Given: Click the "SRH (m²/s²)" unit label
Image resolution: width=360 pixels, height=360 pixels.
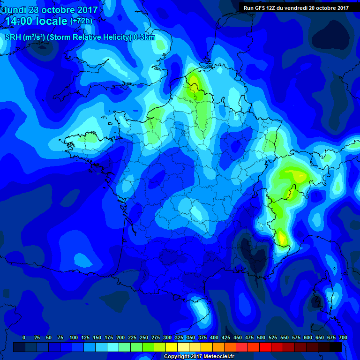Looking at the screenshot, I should tap(25, 37).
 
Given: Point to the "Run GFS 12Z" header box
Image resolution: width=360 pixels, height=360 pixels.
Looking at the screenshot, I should tap(296, 7).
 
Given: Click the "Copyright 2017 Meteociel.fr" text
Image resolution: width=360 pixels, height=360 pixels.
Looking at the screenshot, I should tap(199, 356).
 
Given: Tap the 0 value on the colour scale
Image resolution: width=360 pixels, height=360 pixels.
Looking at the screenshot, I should tap(24, 337).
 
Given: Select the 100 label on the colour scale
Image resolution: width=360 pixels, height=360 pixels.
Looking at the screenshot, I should tap(73, 337).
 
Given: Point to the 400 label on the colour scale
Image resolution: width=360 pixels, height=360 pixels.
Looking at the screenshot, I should tap(214, 337).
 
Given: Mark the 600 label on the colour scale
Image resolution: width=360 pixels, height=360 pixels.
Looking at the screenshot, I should tap(308, 337).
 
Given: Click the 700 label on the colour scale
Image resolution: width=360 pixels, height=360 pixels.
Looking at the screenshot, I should tap(343, 337).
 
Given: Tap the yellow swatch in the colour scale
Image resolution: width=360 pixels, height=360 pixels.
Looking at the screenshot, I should tap(172, 347).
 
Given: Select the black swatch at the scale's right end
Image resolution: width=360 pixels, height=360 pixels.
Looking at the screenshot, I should tap(336, 347).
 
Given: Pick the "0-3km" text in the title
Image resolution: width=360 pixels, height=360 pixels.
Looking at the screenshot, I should tap(144, 37).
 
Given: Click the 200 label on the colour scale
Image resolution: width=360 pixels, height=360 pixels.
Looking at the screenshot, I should tap(120, 337).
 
